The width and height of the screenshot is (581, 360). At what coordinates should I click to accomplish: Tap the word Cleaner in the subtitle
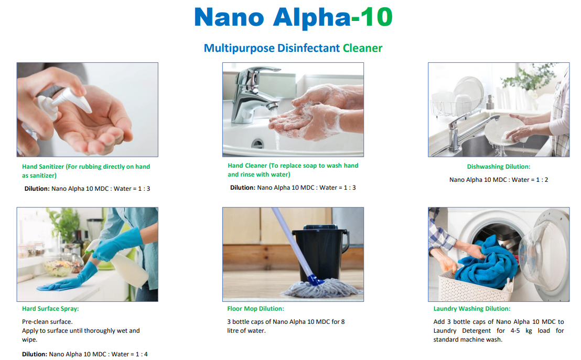[362, 48]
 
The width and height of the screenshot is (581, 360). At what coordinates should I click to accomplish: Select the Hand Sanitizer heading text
[86, 171]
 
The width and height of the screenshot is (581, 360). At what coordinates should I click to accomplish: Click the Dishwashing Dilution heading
[498, 167]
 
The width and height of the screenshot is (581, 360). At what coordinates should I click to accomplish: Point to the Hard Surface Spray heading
[50, 309]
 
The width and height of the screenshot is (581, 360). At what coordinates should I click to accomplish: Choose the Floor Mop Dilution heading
[256, 309]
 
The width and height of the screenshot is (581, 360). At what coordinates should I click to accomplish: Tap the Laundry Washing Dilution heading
[472, 309]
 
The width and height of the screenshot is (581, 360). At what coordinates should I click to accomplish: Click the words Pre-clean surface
[47, 322]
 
